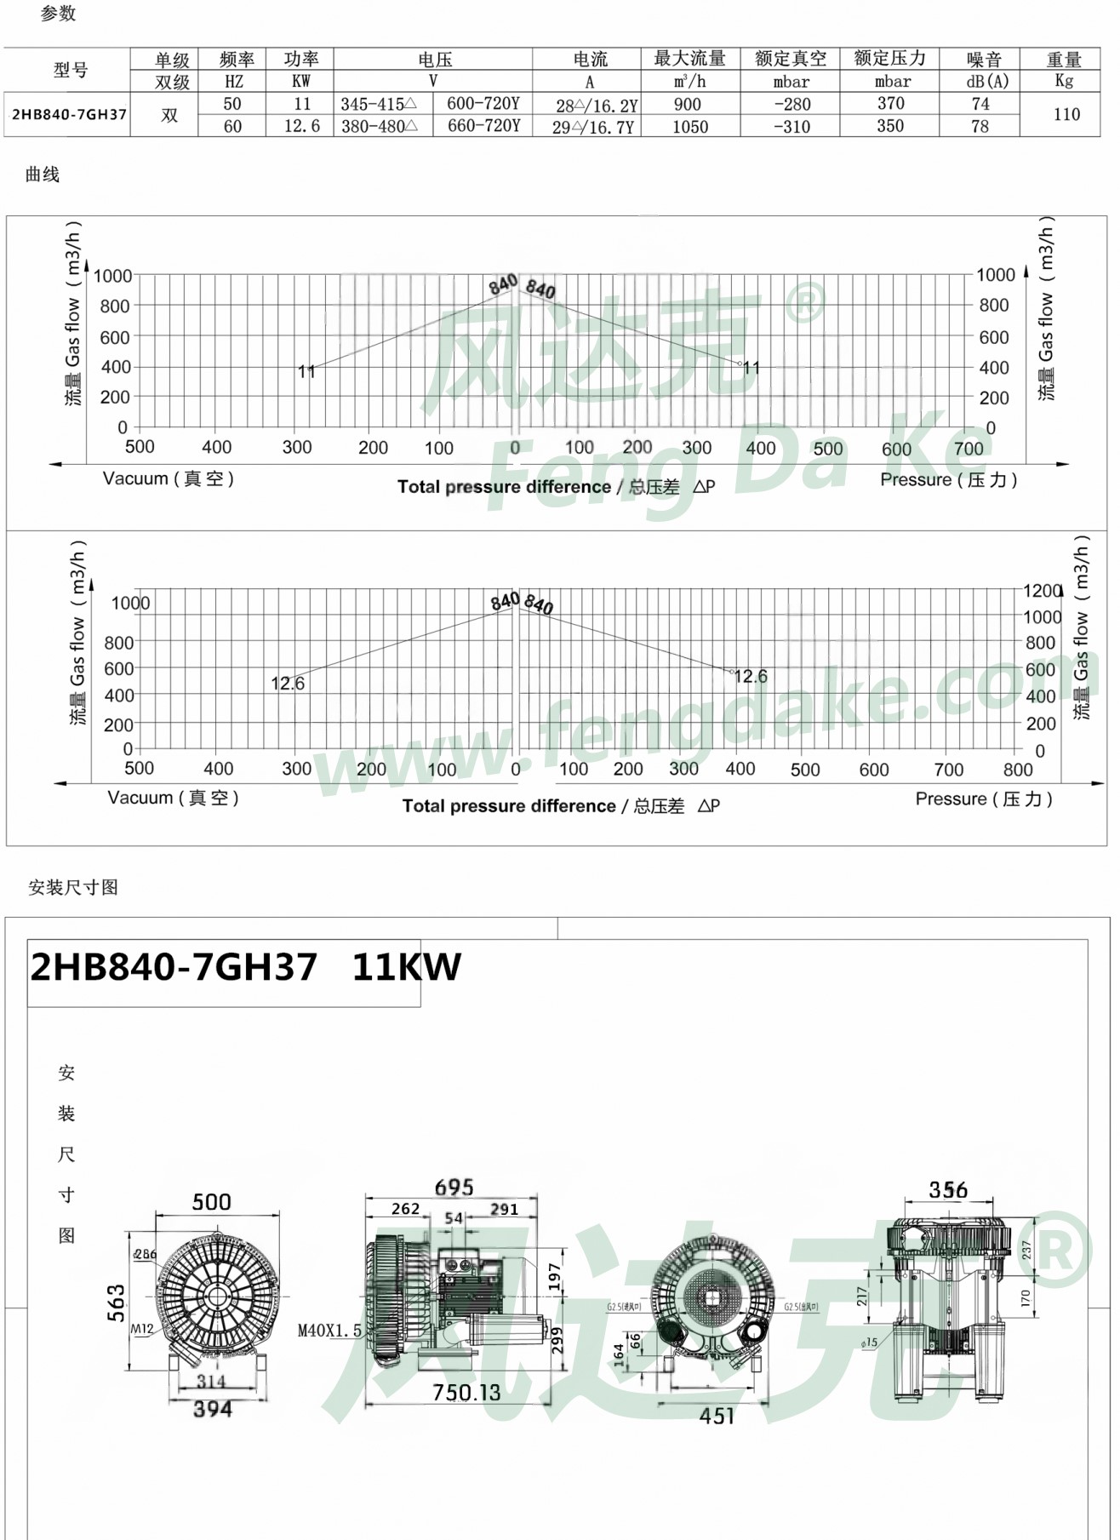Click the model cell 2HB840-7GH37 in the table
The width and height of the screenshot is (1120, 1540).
pyautogui.click(x=68, y=115)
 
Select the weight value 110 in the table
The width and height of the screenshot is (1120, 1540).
pyautogui.click(x=1066, y=114)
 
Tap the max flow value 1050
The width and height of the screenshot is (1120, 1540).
pyautogui.click(x=689, y=127)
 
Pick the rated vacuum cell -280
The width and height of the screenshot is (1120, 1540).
pyautogui.click(x=791, y=105)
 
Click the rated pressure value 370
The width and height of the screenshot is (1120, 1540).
pyautogui.click(x=890, y=104)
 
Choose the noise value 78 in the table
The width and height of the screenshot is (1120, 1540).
pyautogui.click(x=980, y=127)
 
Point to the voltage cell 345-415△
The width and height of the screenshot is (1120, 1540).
pyautogui.click(x=379, y=105)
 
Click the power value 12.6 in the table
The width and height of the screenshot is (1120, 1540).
pyautogui.click(x=301, y=127)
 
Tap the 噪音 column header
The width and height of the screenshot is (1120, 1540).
pyautogui.click(x=984, y=60)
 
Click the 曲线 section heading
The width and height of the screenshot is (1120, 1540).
pyautogui.click(x=43, y=175)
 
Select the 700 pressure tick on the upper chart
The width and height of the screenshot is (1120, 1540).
pyautogui.click(x=969, y=449)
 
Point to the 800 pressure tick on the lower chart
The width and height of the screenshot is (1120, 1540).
pyautogui.click(x=1017, y=770)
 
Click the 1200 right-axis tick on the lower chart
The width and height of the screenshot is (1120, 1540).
pyautogui.click(x=1042, y=590)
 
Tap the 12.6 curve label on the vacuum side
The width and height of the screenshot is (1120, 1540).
pyautogui.click(x=288, y=684)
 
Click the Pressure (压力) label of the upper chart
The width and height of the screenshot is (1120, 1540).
pyautogui.click(x=948, y=480)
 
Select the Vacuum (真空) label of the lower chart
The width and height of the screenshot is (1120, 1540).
pyautogui.click(x=173, y=798)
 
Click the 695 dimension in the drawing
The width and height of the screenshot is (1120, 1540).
pyautogui.click(x=454, y=1188)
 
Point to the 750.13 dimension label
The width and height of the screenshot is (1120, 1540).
pyautogui.click(x=466, y=1393)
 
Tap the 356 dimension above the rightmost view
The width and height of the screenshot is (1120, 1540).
pyautogui.click(x=948, y=1190)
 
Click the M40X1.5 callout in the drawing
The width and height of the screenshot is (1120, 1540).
pyautogui.click(x=329, y=1331)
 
